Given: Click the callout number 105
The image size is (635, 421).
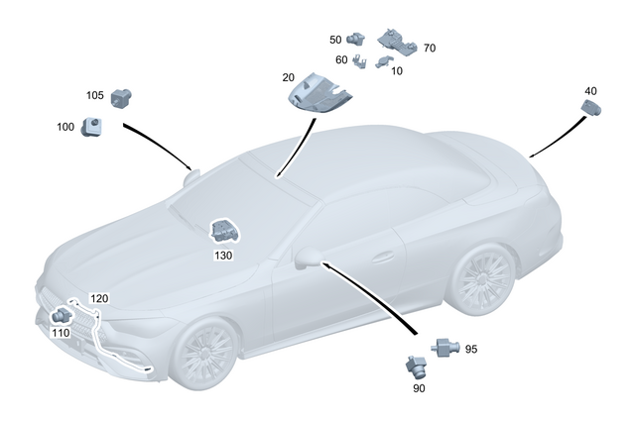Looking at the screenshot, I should [95, 95].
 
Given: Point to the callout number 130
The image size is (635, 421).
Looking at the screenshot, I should [223, 255].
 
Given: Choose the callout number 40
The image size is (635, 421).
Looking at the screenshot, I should [590, 91].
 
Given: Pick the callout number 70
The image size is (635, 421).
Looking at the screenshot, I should [429, 48].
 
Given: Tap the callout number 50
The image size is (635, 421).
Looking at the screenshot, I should [336, 40].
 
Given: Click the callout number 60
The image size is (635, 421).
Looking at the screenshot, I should [341, 59].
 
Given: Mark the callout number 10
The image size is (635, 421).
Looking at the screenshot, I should [397, 71].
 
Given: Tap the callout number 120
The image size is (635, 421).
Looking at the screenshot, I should [99, 298].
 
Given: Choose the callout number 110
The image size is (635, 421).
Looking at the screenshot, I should [60, 333].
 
